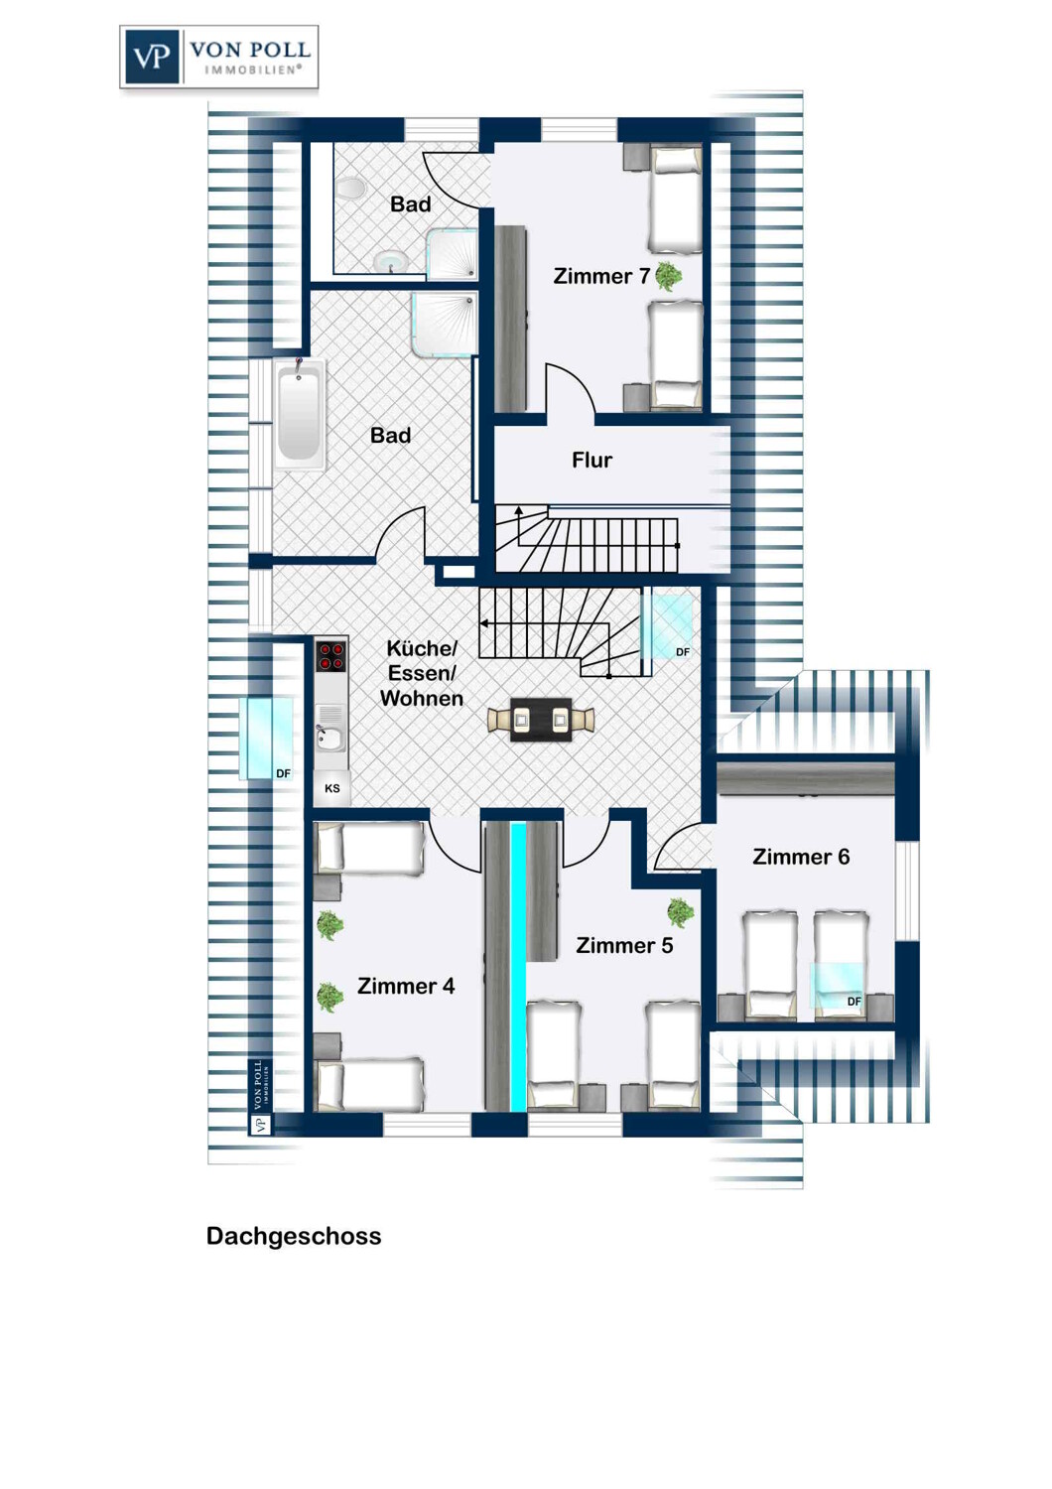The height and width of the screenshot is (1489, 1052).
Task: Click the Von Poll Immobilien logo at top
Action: (218, 58)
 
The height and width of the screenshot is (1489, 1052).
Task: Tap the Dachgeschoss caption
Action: (294, 1236)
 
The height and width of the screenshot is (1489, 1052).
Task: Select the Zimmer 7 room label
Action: (601, 276)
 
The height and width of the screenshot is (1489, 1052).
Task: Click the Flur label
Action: (592, 460)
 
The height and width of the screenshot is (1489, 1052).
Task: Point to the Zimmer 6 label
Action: (801, 857)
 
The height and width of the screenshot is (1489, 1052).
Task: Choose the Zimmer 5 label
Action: (624, 945)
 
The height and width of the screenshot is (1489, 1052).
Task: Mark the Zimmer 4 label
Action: (406, 986)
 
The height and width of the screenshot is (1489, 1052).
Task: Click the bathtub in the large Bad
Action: (300, 414)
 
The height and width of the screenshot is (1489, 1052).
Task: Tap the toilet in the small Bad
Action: (351, 189)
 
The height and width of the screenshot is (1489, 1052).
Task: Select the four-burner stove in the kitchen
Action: (330, 655)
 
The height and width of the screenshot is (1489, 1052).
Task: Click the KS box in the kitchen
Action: (332, 788)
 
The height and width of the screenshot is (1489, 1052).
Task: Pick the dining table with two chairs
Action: (541, 720)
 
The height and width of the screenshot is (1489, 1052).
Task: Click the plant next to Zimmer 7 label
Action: (668, 276)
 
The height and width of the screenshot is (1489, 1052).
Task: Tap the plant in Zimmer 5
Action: (681, 912)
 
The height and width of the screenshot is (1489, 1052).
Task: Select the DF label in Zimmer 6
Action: (854, 1001)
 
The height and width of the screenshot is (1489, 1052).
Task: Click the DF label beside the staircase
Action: (683, 652)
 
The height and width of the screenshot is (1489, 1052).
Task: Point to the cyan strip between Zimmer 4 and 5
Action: (518, 967)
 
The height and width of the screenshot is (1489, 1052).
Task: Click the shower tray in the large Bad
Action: (444, 323)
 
